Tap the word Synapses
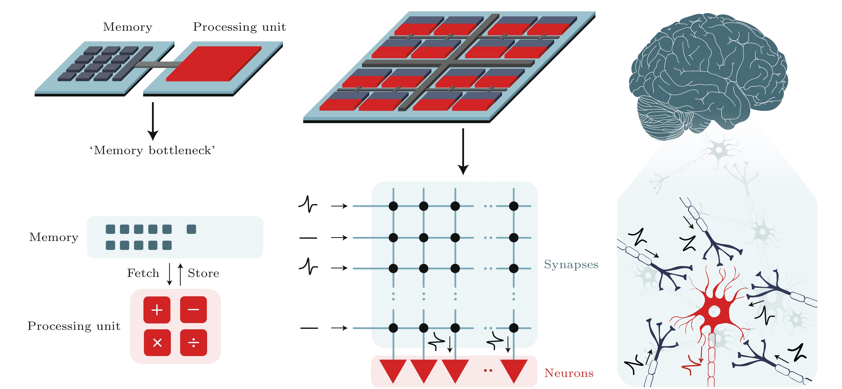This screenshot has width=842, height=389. pyautogui.click(x=571, y=264)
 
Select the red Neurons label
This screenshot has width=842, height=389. pyautogui.click(x=569, y=373)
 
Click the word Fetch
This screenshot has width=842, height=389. pyautogui.click(x=143, y=273)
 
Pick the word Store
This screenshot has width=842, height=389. pyautogui.click(x=203, y=273)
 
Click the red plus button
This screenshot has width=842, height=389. pyautogui.click(x=157, y=309)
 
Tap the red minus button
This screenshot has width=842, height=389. pyautogui.click(x=194, y=309)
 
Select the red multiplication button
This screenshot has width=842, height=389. pyautogui.click(x=157, y=342)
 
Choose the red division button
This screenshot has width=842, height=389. pyautogui.click(x=194, y=342)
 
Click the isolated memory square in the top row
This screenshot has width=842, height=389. pyautogui.click(x=191, y=229)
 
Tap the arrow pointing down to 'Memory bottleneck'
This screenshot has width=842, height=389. pyautogui.click(x=153, y=121)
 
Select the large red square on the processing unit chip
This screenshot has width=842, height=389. pyautogui.click(x=214, y=64)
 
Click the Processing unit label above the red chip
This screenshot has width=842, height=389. pyautogui.click(x=239, y=27)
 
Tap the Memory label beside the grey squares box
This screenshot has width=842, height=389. pyautogui.click(x=54, y=237)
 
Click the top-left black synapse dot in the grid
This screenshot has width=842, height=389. pyautogui.click(x=393, y=206)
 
